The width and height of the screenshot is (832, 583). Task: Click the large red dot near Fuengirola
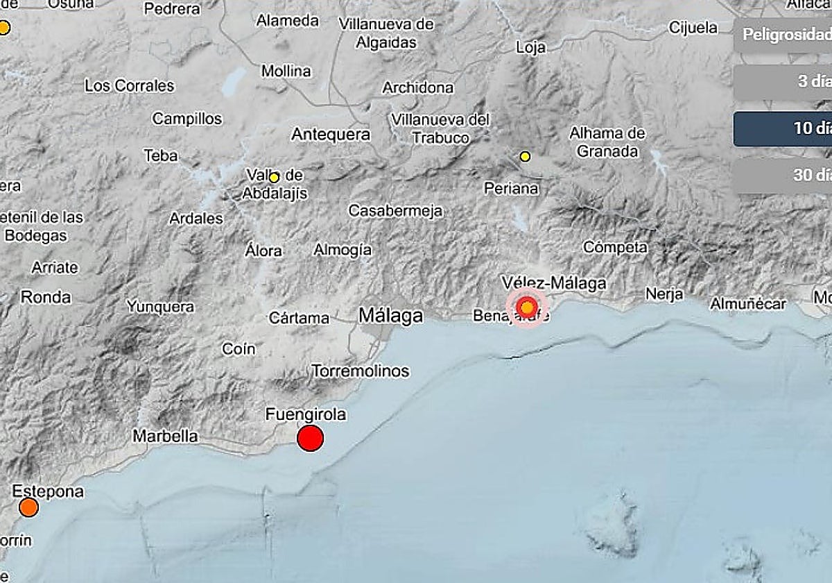[310, 438]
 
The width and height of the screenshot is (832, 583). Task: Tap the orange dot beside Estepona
[28, 507]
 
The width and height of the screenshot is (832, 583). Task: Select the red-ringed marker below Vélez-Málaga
[527, 306]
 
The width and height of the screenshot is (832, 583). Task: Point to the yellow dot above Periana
[525, 157]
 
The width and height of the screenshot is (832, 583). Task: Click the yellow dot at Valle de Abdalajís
[274, 178]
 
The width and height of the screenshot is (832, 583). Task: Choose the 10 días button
[783, 128]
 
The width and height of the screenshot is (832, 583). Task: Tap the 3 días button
[783, 81]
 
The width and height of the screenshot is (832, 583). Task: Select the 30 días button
[783, 175]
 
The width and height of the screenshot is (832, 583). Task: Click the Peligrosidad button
[783, 35]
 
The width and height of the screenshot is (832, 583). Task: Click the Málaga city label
[390, 316]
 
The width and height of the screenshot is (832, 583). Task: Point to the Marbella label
[165, 437]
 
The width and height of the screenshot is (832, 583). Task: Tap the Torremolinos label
[361, 371]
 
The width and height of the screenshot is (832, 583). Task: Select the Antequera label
[330, 134]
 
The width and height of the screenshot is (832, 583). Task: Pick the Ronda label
[46, 297]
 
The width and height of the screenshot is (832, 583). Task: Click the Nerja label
[664, 293]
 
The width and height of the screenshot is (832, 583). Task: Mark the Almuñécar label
[748, 303]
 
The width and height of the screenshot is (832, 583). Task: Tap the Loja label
[531, 47]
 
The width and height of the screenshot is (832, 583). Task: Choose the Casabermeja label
[395, 210]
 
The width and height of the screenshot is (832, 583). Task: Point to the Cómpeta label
[615, 247]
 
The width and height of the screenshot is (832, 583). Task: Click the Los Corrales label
[129, 86]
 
